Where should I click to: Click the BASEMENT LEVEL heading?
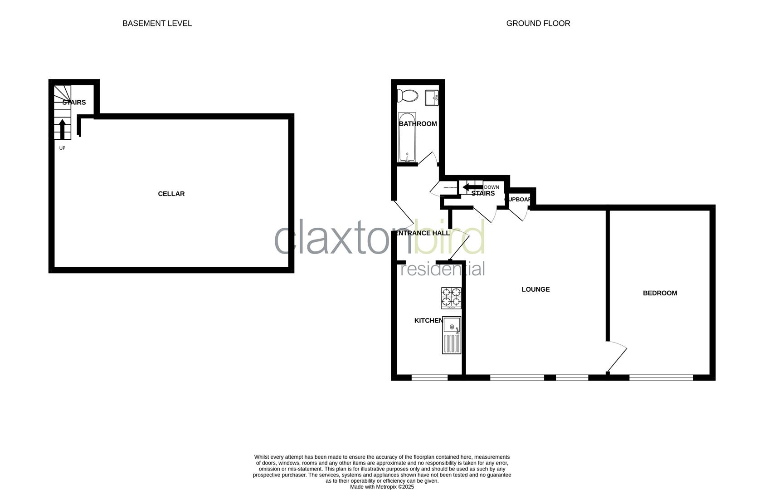pos(157,23)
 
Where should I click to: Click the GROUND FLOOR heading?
pos(538,23)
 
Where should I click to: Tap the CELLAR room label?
pos(171,194)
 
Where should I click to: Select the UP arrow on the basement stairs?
pos(62,128)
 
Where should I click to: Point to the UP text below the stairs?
pos(62,148)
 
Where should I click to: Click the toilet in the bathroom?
pos(407,96)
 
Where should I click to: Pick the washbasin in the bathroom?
pos(431,98)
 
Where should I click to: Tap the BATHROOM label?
pos(418,124)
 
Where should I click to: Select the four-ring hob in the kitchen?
pos(451,298)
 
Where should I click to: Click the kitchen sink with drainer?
pos(451,335)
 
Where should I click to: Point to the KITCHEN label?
pos(428,321)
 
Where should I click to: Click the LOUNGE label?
pos(535,289)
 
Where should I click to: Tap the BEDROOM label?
pos(660,293)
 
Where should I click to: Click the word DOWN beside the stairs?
pos(491,187)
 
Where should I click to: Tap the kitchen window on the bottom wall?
pos(429,377)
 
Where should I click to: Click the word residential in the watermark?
pos(443,269)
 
